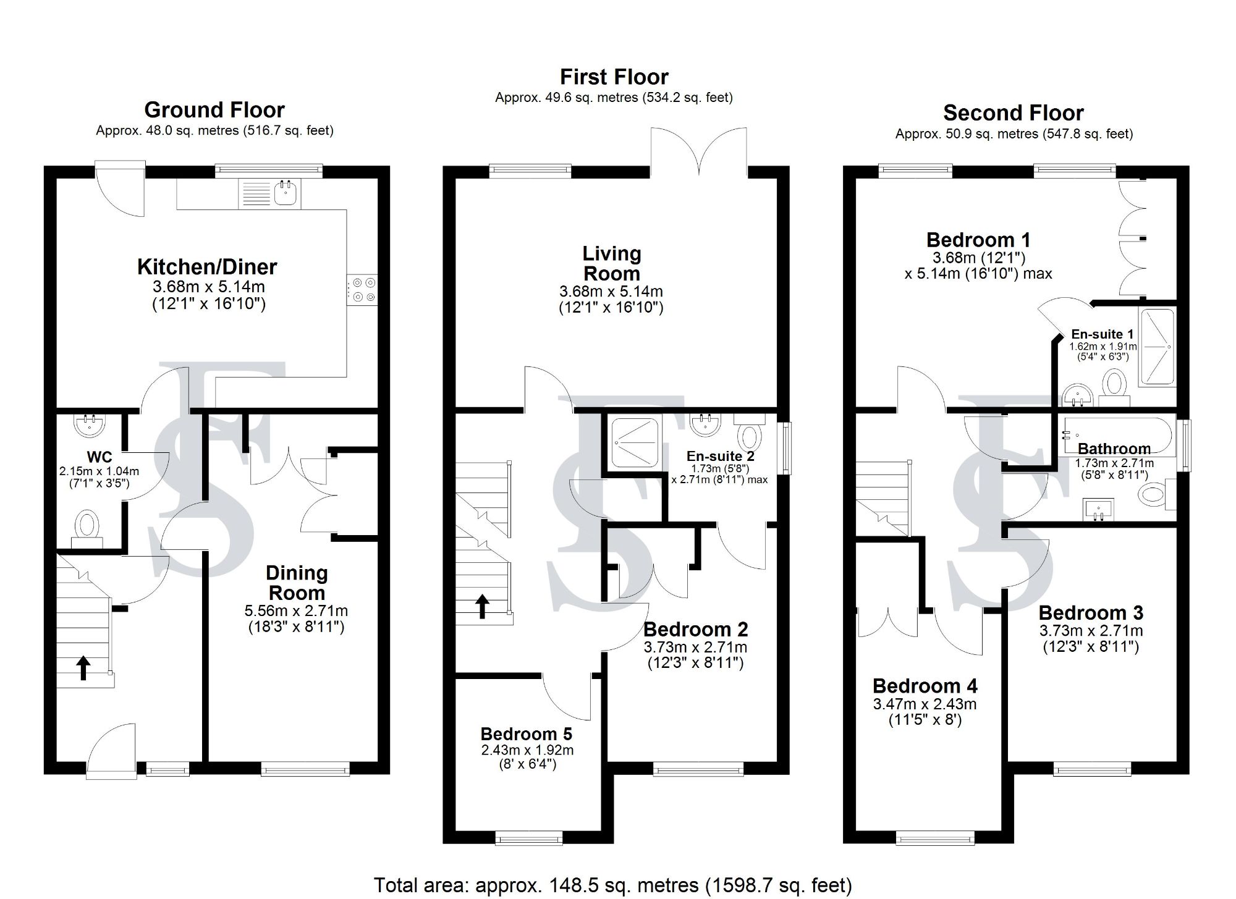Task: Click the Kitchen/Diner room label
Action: coord(207,267)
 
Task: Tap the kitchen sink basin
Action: coord(286,193)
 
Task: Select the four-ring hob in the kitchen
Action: coord(362,290)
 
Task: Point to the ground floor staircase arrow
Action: coord(83,668)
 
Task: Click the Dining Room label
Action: coord(297,583)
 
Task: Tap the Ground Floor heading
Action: coord(214,110)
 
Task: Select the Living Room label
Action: coord(612,263)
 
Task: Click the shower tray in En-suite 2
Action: coord(635,442)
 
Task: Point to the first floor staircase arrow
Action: coord(482,606)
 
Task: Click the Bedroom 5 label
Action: coord(527,734)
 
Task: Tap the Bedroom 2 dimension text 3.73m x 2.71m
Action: coord(695,648)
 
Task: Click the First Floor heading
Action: coord(614,77)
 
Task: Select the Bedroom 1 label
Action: coord(978,240)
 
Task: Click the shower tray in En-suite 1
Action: coord(1156,347)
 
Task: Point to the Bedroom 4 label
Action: coord(925,686)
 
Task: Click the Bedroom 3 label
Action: coord(1091,613)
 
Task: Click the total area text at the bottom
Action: coord(612,885)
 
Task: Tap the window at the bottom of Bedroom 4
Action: coord(935,837)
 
